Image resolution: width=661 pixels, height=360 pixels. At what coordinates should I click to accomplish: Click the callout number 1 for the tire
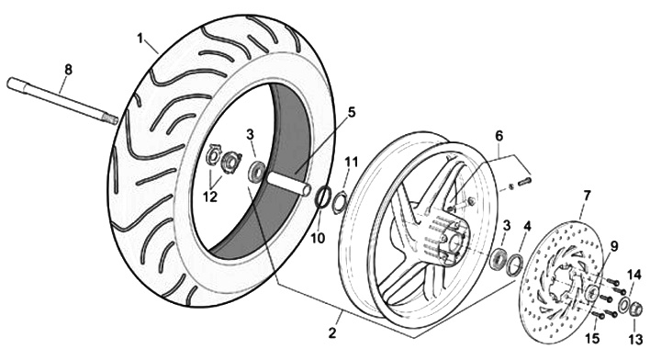point(140,39)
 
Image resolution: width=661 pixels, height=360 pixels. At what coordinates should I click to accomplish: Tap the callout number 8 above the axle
point(68,70)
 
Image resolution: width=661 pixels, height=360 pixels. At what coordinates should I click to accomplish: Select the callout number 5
point(351,113)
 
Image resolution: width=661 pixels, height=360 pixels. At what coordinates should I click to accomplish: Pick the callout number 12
point(210,197)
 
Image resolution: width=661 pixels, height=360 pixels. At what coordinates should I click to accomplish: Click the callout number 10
point(319,238)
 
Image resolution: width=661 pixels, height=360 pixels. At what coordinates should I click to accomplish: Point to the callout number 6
point(499,136)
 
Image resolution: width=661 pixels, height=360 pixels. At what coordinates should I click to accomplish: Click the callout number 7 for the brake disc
point(587,196)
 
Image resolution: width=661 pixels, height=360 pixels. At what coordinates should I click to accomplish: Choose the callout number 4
point(527,226)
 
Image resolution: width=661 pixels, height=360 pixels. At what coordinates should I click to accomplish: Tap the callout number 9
point(613,246)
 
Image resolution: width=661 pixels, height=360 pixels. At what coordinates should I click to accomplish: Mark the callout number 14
point(634,276)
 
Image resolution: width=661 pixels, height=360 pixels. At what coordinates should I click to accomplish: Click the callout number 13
point(635,339)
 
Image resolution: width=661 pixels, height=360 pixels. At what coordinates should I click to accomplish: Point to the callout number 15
point(592,339)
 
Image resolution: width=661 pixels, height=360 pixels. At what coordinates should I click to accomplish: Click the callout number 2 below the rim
point(332,333)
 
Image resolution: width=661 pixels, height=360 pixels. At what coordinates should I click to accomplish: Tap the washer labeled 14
point(624,304)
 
